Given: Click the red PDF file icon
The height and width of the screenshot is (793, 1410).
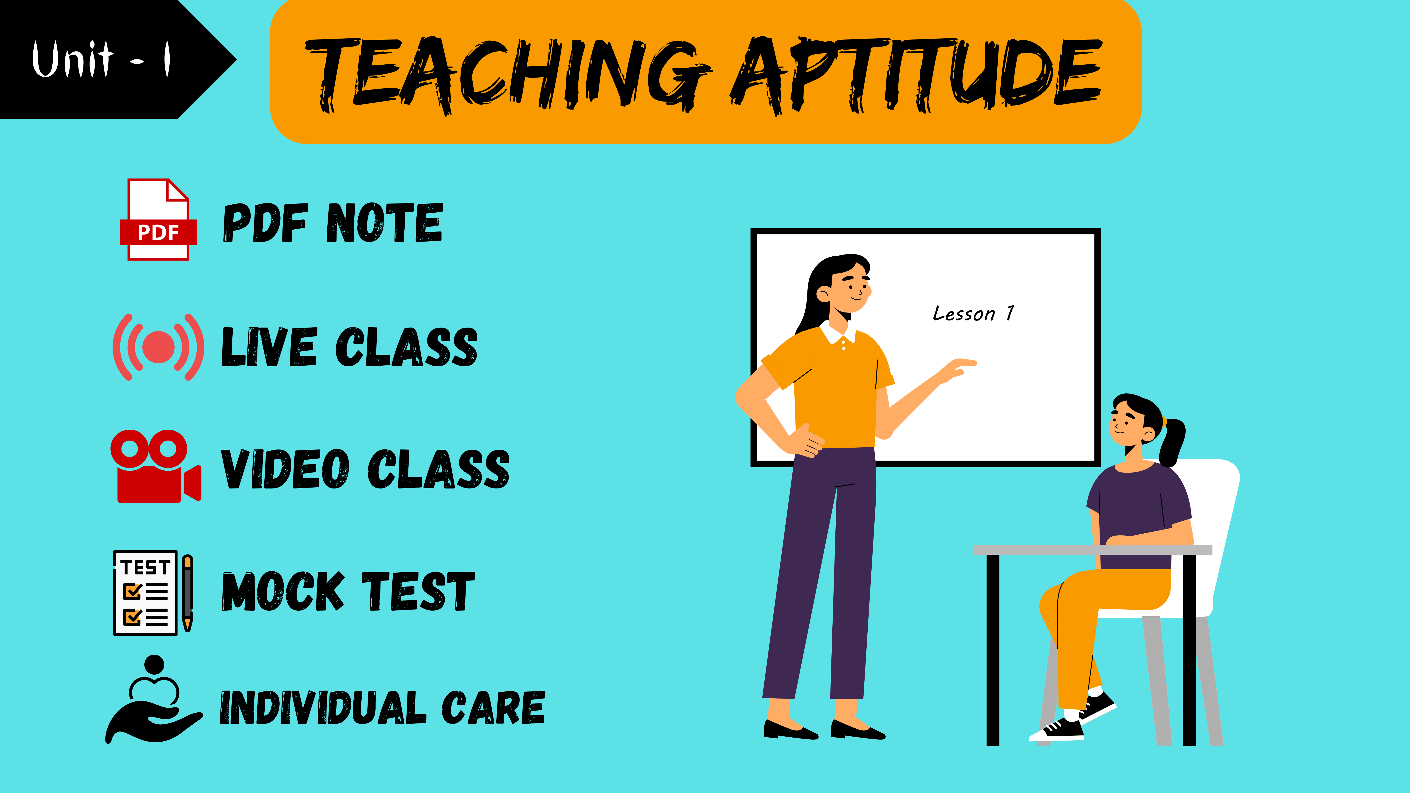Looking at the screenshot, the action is click(158, 219).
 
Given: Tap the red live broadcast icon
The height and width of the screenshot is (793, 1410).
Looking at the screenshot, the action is click(158, 347).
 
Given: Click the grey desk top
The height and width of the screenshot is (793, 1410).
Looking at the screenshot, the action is click(1093, 550).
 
